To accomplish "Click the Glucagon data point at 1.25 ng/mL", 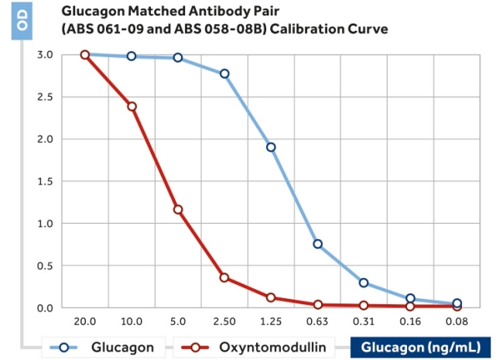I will (271, 147).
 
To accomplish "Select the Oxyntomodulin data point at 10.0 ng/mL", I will (132, 106).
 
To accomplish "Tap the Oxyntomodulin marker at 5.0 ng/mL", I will (178, 209).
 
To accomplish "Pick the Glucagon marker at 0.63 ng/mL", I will (317, 244).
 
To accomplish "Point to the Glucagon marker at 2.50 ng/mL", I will (224, 74).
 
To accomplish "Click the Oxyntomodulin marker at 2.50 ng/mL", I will (224, 277).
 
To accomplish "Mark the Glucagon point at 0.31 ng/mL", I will (364, 283).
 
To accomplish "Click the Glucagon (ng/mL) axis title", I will (420, 348).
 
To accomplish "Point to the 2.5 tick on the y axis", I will (45, 97).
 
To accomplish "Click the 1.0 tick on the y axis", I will (45, 224).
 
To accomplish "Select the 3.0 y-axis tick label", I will (45, 55).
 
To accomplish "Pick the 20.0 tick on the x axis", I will (85, 321).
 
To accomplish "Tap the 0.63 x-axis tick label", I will (317, 321).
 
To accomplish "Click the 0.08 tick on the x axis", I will (457, 321).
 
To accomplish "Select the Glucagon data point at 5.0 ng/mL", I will (178, 58).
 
